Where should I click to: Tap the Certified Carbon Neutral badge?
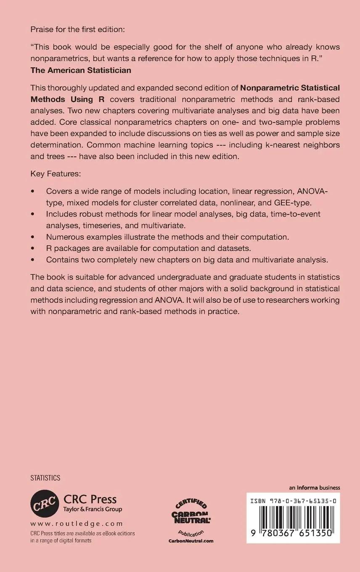tap(191, 515)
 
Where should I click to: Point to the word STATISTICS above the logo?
tap(45, 478)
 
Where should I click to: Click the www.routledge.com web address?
tap(77, 524)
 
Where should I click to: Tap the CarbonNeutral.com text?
tap(191, 541)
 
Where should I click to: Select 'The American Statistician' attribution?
tap(81, 70)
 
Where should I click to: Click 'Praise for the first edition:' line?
tap(78, 30)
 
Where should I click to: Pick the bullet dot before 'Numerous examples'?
tap(33, 237)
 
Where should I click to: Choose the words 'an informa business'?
tap(314, 488)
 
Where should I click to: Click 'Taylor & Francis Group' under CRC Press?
tap(93, 509)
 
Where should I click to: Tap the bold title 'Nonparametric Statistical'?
tap(290, 88)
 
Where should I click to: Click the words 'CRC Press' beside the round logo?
tap(90, 499)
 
